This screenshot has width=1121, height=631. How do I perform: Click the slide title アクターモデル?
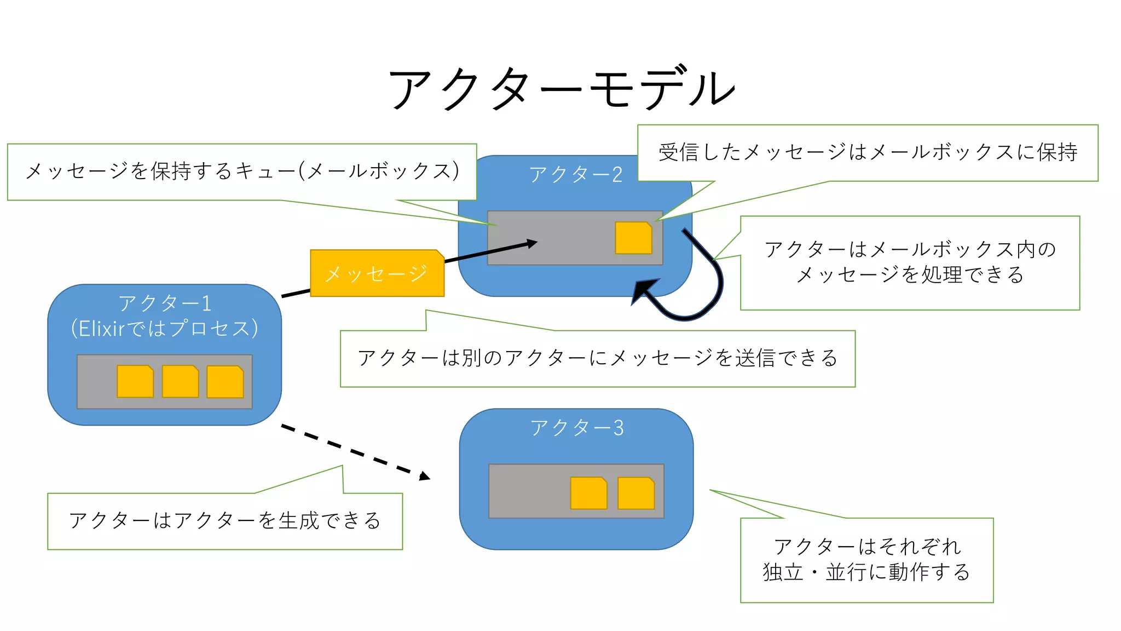tap(562, 89)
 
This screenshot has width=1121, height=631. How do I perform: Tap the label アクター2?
tap(575, 175)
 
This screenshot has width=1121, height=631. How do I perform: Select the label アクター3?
tap(576, 428)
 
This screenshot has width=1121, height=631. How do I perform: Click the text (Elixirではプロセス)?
tap(164, 329)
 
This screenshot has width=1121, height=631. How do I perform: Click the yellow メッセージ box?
tap(377, 273)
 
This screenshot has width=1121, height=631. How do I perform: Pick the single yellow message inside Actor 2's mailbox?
tap(633, 238)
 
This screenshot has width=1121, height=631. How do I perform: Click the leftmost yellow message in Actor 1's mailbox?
tap(135, 381)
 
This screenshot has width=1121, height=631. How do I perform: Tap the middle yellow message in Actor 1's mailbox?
tap(180, 381)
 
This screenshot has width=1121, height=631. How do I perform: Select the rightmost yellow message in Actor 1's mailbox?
tap(225, 382)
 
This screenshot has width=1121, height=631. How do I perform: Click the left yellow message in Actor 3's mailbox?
tap(588, 493)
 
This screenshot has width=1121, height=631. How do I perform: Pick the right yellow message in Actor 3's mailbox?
tap(636, 493)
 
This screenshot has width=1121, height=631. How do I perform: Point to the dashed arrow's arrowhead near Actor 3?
tap(425, 477)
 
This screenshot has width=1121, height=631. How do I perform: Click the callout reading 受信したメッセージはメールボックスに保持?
tap(868, 152)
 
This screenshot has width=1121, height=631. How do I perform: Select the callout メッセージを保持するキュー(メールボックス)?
tap(241, 171)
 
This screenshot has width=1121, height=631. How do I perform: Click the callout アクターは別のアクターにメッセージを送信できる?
tap(597, 358)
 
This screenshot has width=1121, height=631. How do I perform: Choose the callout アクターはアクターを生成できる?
tap(225, 520)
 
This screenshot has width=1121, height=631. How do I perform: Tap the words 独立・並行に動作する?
tap(866, 572)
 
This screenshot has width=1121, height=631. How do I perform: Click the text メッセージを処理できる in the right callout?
tap(910, 274)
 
